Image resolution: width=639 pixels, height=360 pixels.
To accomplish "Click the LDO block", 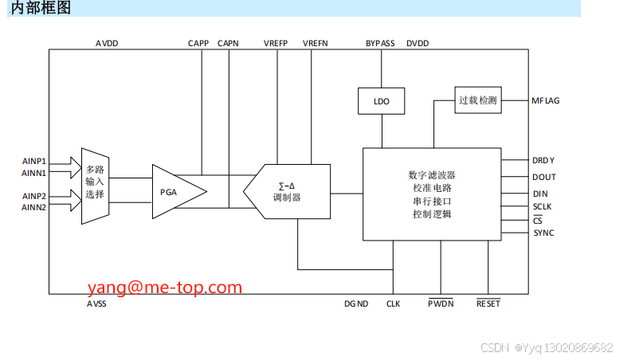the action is coord(382,101).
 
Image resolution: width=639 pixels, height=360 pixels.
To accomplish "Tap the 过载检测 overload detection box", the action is coord(478,100).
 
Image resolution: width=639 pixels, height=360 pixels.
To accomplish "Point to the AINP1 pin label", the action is coord(34,161).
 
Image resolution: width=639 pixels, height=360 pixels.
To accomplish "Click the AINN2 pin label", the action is coord(34,207).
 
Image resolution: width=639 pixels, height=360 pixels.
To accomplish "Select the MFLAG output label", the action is coord(546,100).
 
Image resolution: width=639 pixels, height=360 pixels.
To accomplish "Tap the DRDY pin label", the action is coord(543,160).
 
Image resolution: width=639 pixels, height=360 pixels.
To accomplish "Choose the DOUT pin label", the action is coord(544,177).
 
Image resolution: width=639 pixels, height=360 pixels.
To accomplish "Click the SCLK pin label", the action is coord(543,206).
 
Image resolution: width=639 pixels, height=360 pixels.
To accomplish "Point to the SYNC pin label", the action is coord(543,233).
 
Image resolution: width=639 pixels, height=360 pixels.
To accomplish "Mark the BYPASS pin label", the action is coord(380,42).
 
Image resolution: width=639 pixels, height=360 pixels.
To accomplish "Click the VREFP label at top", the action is coord(276,42).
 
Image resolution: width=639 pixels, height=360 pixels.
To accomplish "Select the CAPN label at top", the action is coord(229,42).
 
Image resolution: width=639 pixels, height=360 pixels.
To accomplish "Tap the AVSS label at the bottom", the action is coord(96,303).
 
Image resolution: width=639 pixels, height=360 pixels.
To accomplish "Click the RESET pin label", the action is coord(488,303).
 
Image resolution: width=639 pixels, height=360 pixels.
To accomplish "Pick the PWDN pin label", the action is coord(441,303).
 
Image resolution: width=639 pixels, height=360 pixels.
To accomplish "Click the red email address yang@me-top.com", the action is coord(165,287).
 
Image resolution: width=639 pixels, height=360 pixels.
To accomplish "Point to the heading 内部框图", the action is coord(41,8).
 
